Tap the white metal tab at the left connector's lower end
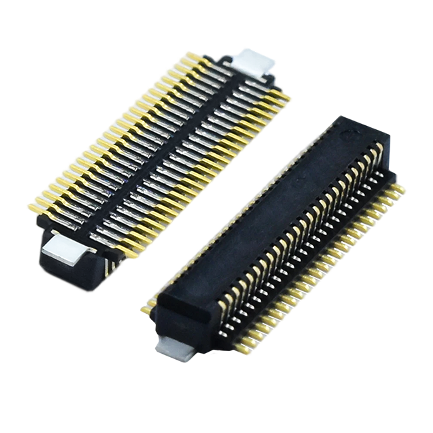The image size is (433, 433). [x=65, y=253]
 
